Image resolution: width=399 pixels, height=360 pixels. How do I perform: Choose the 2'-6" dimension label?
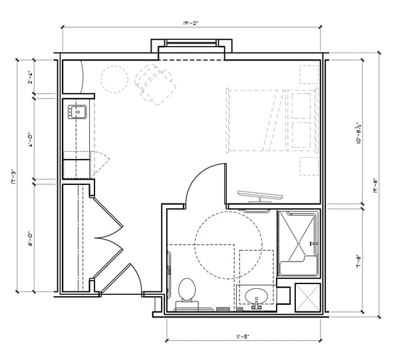click(x=30, y=78)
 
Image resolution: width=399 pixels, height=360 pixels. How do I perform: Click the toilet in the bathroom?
click(x=186, y=293)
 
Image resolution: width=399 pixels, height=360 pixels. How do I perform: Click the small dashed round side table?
click(x=114, y=79)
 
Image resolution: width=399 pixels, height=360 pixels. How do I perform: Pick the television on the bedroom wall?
click(x=261, y=194)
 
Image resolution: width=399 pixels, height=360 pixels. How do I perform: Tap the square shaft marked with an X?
click(x=307, y=297)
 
